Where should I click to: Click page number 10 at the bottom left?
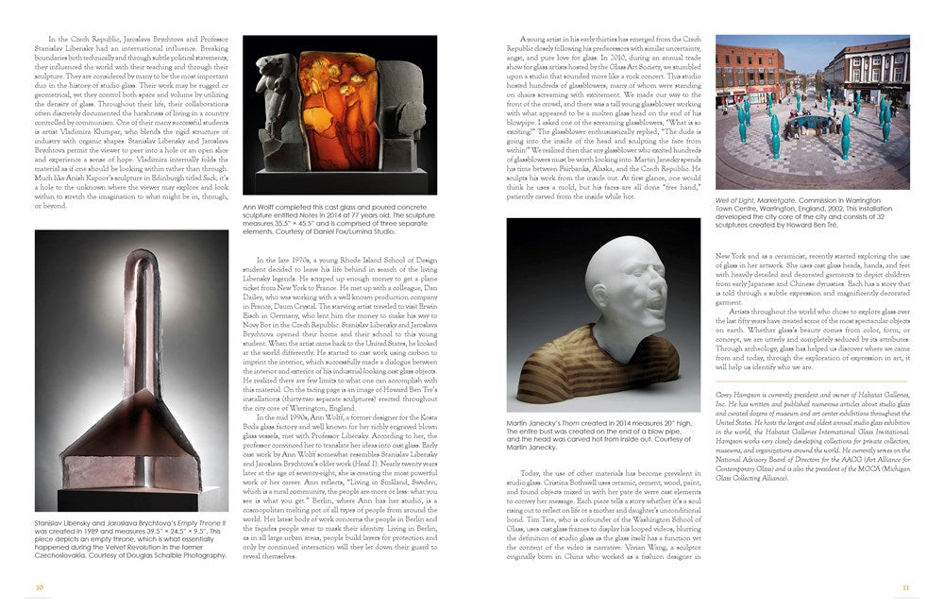40,586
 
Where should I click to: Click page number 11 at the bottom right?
904,586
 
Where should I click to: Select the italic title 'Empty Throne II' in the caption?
195,521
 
